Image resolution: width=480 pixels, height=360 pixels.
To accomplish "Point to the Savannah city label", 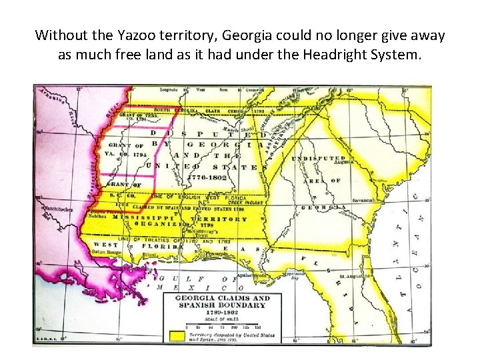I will coord(366,199).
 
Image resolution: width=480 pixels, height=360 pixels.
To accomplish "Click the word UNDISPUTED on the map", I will coord(317,157).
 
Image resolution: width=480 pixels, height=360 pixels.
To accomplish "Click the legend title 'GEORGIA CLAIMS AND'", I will coord(222,299).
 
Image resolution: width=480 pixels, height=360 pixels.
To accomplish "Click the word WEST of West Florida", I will coord(101,245).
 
